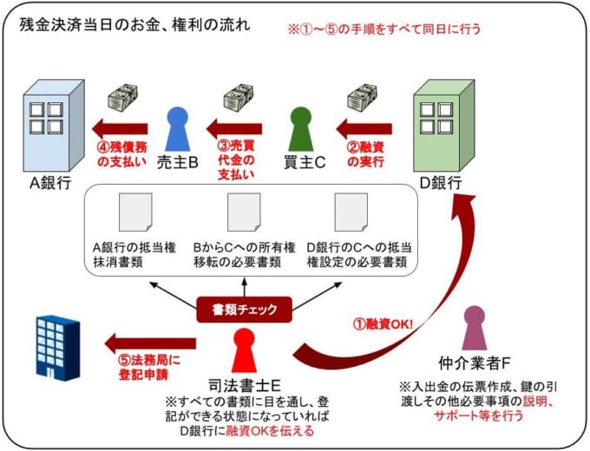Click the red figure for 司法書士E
244,350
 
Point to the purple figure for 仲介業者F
475,328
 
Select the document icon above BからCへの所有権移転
244,212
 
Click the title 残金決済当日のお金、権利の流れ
134,25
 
